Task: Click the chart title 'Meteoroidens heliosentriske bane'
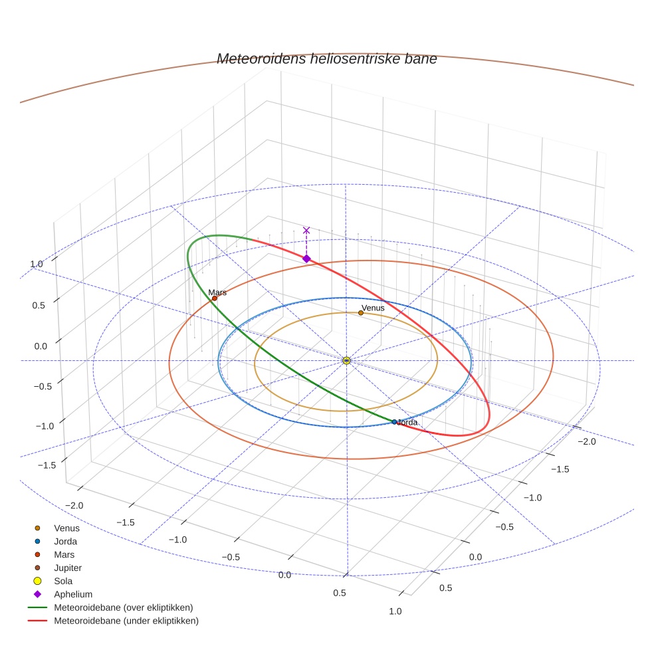pyautogui.click(x=326, y=58)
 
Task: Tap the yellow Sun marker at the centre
pyautogui.click(x=346, y=360)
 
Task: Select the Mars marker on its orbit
pyautogui.click(x=215, y=298)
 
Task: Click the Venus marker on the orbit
pyautogui.click(x=361, y=312)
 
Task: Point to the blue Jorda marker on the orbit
pyautogui.click(x=394, y=422)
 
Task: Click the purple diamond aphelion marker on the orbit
pyautogui.click(x=306, y=259)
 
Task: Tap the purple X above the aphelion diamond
pyautogui.click(x=306, y=230)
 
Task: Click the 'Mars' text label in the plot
pyautogui.click(x=217, y=292)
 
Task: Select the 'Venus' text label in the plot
pyautogui.click(x=373, y=308)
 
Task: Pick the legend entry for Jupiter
pyautogui.click(x=68, y=568)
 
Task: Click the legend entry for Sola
pyautogui.click(x=64, y=581)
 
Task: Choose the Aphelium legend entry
pyautogui.click(x=73, y=594)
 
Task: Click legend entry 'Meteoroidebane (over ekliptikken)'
pyautogui.click(x=123, y=607)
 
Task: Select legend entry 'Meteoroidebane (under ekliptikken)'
pyautogui.click(x=126, y=621)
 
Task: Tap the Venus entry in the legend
pyautogui.click(x=66, y=528)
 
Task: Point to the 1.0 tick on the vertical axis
pyautogui.click(x=36, y=264)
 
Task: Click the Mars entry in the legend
pyautogui.click(x=64, y=554)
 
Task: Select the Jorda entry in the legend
pyautogui.click(x=65, y=542)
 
